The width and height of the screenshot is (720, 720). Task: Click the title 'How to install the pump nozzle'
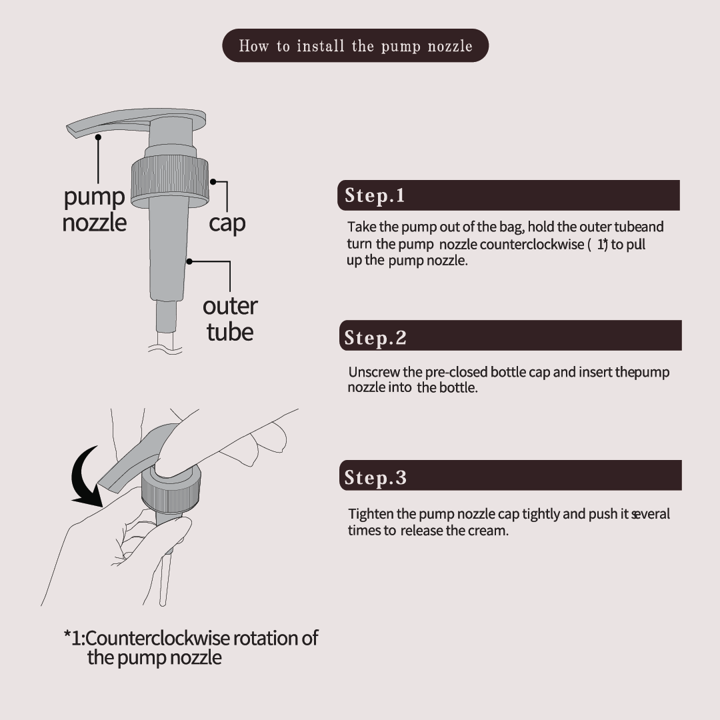(355, 46)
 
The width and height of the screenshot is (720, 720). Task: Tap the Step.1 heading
(375, 195)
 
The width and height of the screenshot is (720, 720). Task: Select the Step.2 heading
(375, 338)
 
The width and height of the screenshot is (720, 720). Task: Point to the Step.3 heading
(375, 477)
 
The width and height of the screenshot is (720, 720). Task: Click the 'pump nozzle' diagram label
(94, 209)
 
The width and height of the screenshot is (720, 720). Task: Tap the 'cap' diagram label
(227, 223)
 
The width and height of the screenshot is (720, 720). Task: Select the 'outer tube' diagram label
(230, 319)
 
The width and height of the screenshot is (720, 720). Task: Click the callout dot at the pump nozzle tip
(98, 137)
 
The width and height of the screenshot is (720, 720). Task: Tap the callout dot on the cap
(213, 182)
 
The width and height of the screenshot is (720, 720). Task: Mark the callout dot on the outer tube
(189, 261)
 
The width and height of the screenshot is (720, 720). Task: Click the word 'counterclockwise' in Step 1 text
(532, 244)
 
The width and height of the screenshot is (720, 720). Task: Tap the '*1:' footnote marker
(74, 638)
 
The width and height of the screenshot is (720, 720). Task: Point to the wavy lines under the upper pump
(165, 349)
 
